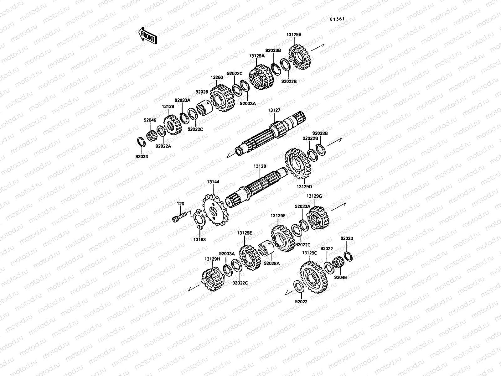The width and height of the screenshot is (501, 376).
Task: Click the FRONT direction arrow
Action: click(x=147, y=35)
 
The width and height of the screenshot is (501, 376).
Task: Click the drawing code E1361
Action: click(x=337, y=19)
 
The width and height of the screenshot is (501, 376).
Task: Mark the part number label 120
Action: click(x=181, y=204)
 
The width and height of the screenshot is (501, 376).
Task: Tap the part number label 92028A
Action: click(x=271, y=264)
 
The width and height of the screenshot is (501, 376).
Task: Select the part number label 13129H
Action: click(x=212, y=259)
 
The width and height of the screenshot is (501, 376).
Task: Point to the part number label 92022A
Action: click(x=163, y=145)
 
